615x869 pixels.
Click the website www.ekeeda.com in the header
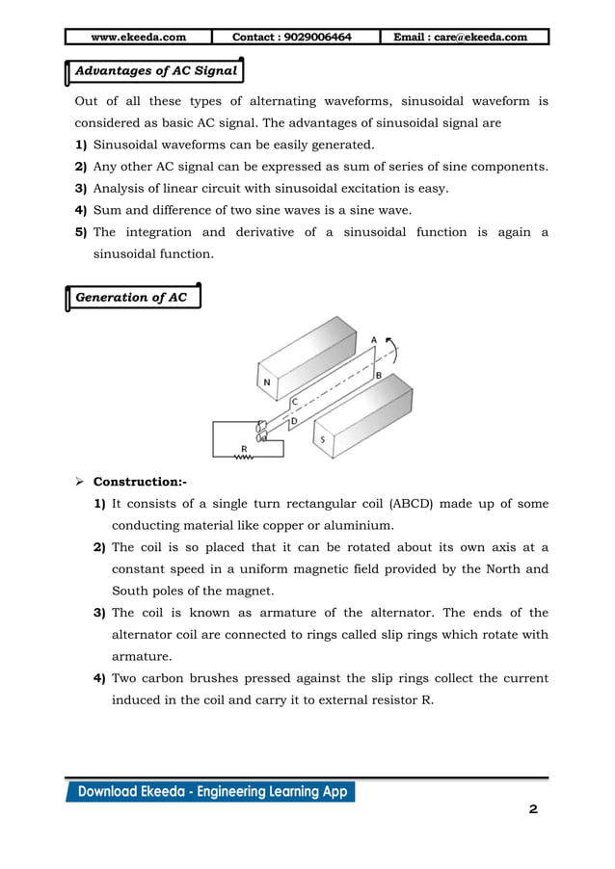tap(138, 38)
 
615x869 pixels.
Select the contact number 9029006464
tap(292, 38)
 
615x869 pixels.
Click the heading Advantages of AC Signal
tap(156, 71)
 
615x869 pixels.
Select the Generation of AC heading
tap(131, 297)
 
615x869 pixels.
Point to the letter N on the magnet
tap(266, 382)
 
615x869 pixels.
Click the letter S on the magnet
tap(322, 439)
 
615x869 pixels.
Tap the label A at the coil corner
tap(374, 340)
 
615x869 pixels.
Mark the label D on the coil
tap(294, 421)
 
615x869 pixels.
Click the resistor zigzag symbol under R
tap(244, 459)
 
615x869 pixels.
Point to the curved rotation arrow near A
tap(393, 352)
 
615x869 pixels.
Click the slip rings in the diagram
tap(260, 432)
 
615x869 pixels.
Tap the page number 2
tap(532, 809)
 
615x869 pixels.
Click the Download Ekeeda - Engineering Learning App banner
tap(210, 792)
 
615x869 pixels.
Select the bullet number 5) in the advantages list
tap(81, 232)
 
